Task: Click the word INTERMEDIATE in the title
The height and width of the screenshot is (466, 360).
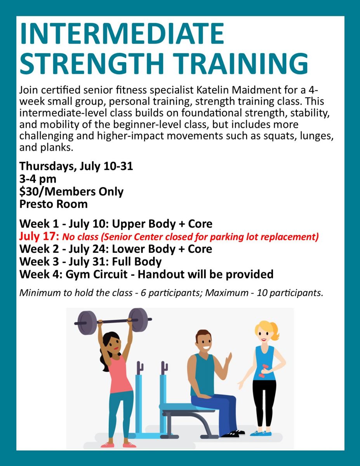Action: (x=122, y=34)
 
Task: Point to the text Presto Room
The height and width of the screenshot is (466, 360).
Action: (x=53, y=204)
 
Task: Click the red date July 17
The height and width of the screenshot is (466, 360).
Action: (x=39, y=236)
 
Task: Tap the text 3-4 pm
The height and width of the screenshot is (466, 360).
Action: (x=38, y=179)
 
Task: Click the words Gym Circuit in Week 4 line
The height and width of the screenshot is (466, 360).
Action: (x=96, y=274)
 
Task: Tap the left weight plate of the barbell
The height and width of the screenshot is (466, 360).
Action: (x=87, y=323)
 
